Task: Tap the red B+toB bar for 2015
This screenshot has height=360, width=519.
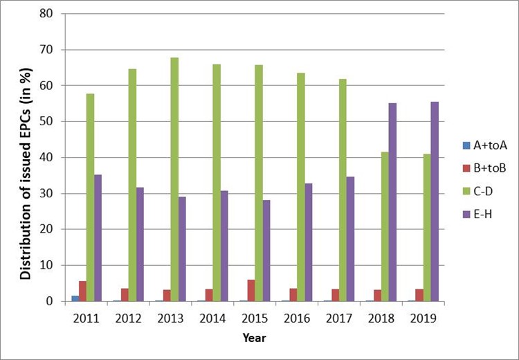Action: (x=251, y=290)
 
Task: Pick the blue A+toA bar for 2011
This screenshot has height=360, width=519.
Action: (x=75, y=298)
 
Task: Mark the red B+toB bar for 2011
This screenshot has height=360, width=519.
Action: (x=82, y=291)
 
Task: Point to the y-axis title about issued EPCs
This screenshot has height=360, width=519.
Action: (x=26, y=157)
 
